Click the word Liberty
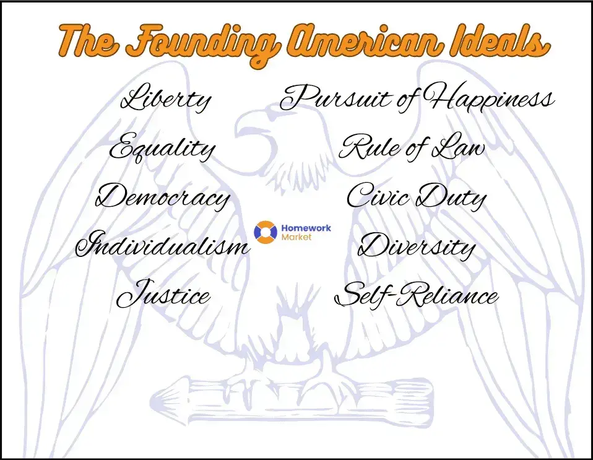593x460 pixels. tap(165, 100)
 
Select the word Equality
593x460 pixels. tap(163, 149)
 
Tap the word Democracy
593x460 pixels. tap(163, 197)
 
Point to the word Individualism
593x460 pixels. tap(162, 246)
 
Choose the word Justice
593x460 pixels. tap(163, 295)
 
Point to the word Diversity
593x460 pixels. tap(417, 247)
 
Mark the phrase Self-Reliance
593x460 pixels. tap(416, 295)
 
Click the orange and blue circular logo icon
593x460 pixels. tap(266, 232)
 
